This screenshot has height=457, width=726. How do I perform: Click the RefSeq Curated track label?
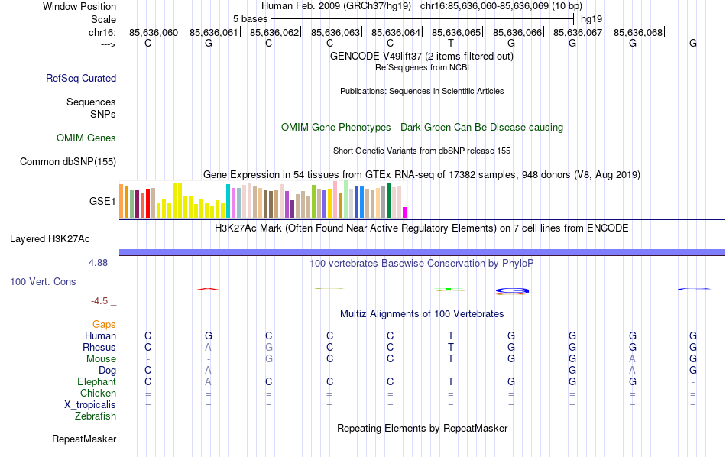pos(81,78)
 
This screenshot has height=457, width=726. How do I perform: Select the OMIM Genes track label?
pos(86,138)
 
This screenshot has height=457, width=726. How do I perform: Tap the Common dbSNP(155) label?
pos(68,161)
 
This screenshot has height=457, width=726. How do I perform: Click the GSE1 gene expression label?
pos(102,202)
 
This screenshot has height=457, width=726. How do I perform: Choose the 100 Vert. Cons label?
pos(43,282)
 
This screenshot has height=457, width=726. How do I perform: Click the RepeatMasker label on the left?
pos(84,439)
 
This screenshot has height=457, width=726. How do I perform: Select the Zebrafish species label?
pos(96,416)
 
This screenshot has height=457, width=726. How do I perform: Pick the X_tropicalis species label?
pos(90,405)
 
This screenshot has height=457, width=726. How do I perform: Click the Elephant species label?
pos(96,382)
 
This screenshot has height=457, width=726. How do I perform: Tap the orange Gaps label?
pos(104,325)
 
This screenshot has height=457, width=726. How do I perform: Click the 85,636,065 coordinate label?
pos(456,33)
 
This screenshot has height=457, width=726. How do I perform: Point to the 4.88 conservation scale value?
pos(102,263)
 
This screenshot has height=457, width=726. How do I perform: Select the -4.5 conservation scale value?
pos(103,301)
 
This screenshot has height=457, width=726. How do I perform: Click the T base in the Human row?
pos(451,336)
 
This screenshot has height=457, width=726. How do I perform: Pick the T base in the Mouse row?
pos(451,359)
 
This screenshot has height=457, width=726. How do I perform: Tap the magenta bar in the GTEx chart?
pos(405,212)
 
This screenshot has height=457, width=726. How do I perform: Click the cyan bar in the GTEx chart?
pos(228,201)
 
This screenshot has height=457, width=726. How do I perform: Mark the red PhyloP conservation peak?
pos(208,289)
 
